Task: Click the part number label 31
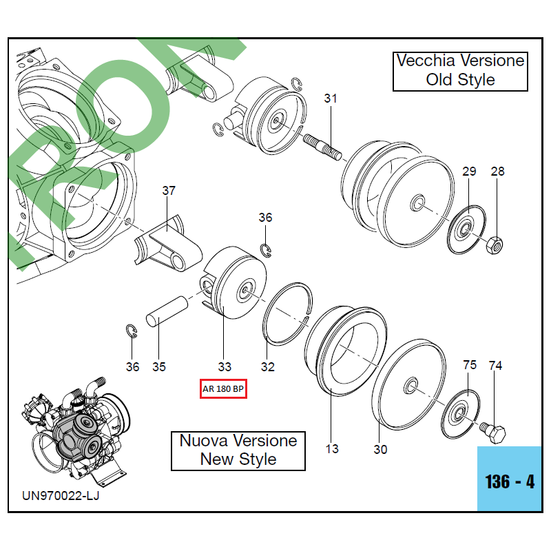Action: point(331,98)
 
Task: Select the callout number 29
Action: point(469,171)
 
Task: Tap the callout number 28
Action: point(497,171)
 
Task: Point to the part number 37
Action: point(169,191)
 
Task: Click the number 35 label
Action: point(159,366)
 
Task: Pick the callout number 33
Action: point(225,366)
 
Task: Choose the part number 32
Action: point(268,366)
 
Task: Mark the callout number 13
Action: point(332,449)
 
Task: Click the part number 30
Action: point(381,449)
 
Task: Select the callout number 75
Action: point(469,365)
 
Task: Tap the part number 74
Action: point(496,365)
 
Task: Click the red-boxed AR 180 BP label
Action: point(222,389)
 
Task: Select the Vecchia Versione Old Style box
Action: point(460,70)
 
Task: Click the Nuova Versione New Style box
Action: point(238,450)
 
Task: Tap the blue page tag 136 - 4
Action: point(510,481)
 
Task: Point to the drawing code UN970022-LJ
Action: point(61,496)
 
